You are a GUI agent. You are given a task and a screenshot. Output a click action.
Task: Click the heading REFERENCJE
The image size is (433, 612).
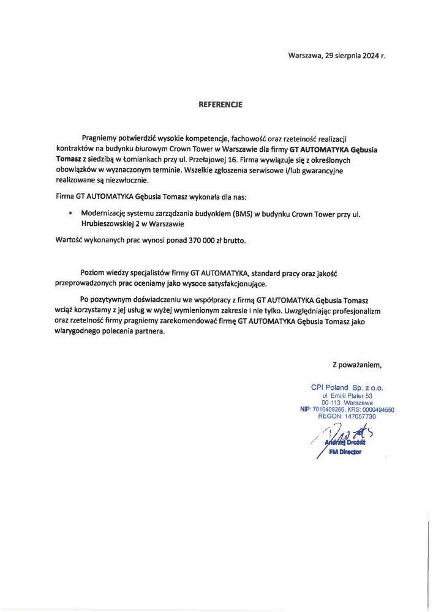(220, 105)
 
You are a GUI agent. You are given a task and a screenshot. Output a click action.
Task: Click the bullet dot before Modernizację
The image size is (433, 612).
(71, 214)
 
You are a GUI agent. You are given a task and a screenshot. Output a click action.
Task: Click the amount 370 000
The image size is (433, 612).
(198, 241)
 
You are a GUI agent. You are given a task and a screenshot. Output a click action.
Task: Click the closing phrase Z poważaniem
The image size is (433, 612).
(357, 365)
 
